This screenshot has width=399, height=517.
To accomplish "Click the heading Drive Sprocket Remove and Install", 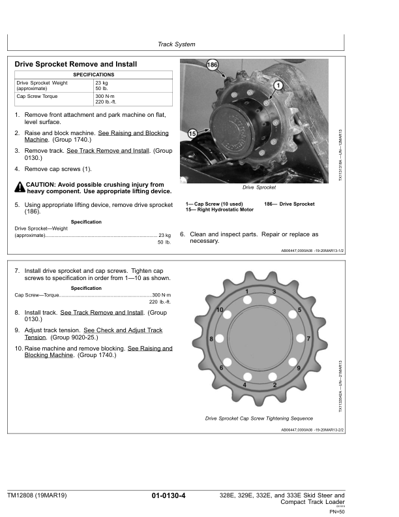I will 76,65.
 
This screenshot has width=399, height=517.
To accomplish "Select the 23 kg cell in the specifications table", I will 102,84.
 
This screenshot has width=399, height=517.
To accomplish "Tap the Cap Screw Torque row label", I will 37,97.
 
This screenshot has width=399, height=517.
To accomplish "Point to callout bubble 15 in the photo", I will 192,133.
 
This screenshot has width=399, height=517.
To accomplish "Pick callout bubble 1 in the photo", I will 278,86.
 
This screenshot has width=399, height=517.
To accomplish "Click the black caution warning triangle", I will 20,188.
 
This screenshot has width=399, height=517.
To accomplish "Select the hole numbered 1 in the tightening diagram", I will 248,300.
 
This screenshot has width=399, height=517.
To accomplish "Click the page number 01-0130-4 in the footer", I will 169,497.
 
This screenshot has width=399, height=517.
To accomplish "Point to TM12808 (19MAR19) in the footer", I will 38,497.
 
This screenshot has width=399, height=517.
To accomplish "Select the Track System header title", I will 177,44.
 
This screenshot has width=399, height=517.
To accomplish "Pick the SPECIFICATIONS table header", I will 93,75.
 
